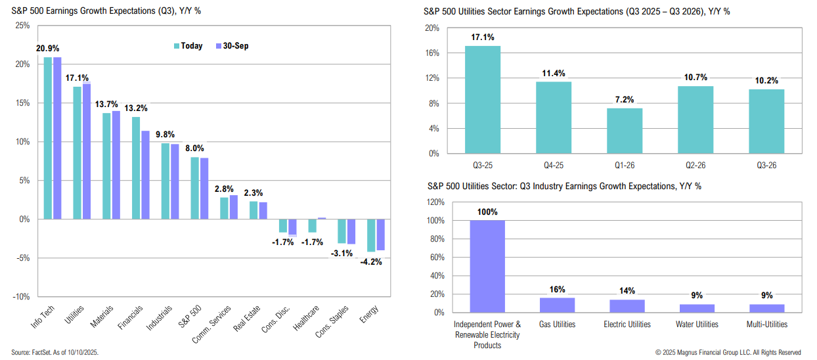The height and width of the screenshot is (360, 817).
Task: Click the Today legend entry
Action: click(188, 46)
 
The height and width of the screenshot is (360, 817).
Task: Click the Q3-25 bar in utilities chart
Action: click(482, 100)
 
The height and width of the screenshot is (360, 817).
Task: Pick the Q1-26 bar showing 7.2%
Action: click(624, 131)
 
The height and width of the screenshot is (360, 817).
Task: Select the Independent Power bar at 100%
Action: click(487, 266)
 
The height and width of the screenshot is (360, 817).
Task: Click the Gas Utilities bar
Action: click(557, 305)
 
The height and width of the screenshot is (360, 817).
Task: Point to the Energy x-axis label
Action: click(370, 315)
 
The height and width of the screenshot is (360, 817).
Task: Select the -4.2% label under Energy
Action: click(370, 261)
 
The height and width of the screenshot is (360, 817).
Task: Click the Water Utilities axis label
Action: click(697, 324)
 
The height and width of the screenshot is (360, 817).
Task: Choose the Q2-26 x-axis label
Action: click(695, 166)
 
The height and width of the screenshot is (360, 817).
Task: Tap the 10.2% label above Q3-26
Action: click(766, 81)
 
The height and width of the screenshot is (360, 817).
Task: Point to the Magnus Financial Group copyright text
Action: click(728, 352)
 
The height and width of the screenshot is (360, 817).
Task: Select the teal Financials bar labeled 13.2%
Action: click(135, 168)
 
